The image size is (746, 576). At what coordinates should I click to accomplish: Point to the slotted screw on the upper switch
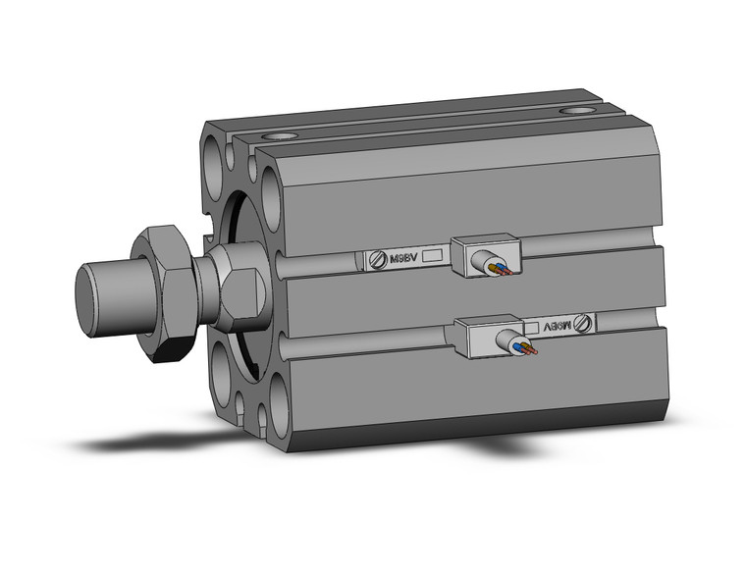point(377,260)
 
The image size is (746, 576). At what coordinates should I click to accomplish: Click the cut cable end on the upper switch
point(490,262)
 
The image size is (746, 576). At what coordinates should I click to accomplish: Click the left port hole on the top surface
point(283,137)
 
